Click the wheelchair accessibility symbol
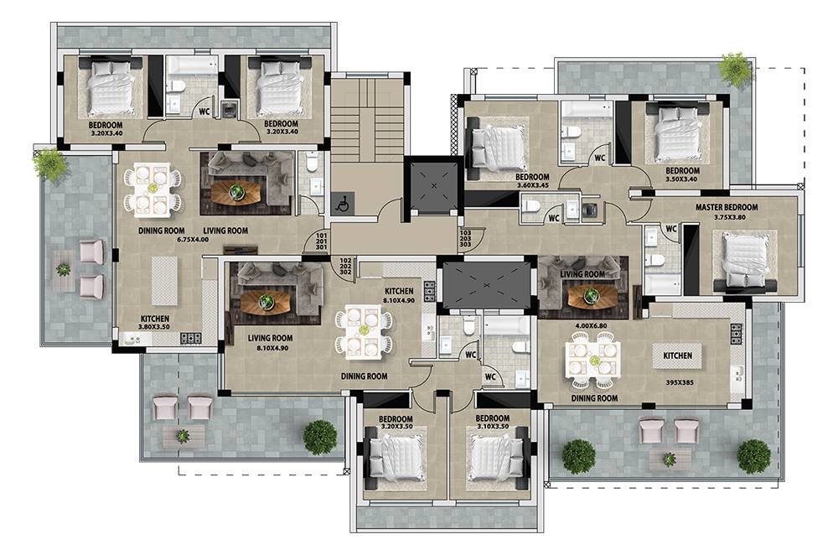pos(342,203)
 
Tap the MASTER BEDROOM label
pos(727,208)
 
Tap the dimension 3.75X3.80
pos(727,217)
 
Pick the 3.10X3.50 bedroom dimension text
pos(493,427)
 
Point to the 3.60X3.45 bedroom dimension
pos(532,186)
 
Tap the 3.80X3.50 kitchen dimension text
pos(155,328)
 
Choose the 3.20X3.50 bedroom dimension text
pos(396,427)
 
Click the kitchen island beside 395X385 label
pos(677,356)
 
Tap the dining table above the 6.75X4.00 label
pos(153,189)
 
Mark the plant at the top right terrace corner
pos(736,69)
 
